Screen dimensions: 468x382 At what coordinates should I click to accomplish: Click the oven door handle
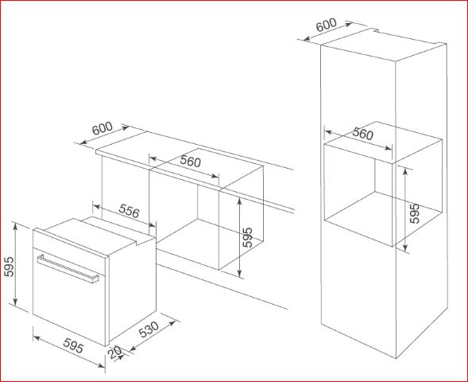tap(68, 269)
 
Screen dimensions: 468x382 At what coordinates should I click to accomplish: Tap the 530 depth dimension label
tap(149, 329)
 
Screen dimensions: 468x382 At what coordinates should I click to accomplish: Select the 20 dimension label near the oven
tap(115, 352)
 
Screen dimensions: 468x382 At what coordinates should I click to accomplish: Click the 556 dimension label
tap(129, 211)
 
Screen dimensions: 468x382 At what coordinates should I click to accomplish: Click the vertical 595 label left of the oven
tap(10, 267)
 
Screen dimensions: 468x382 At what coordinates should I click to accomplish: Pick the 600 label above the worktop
tap(102, 129)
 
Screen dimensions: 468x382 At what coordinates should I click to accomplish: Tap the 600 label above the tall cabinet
tap(327, 25)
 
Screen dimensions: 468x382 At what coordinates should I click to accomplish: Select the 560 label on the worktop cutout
tap(191, 162)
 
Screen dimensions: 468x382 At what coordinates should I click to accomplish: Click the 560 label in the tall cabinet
tap(362, 134)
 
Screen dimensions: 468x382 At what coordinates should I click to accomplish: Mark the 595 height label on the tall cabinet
tap(414, 214)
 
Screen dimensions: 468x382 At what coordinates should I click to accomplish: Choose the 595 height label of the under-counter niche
tap(247, 238)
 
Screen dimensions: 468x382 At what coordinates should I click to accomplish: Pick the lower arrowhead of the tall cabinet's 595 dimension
tap(405, 248)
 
